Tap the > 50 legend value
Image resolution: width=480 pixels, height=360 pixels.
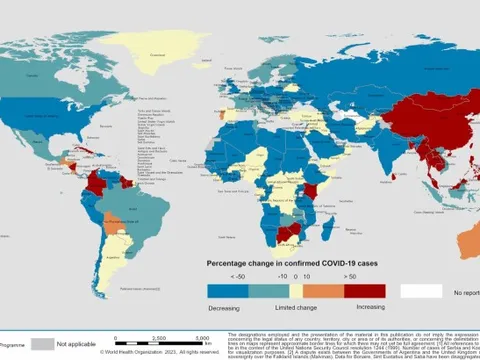click(348, 276)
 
